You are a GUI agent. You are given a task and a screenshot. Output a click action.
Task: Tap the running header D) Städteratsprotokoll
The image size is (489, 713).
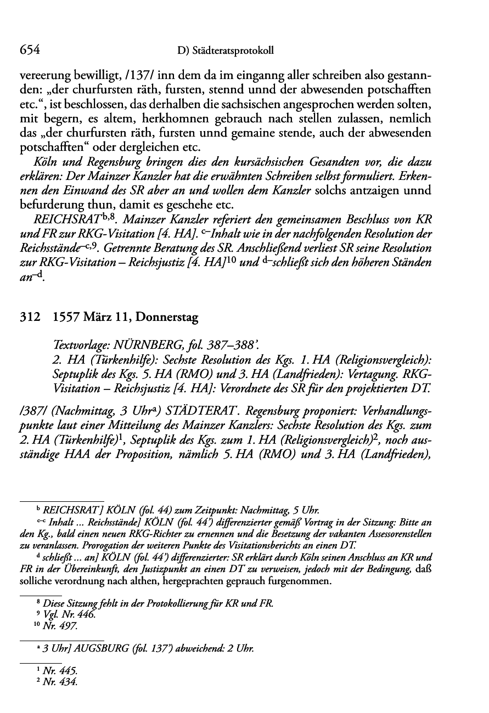click(226, 52)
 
